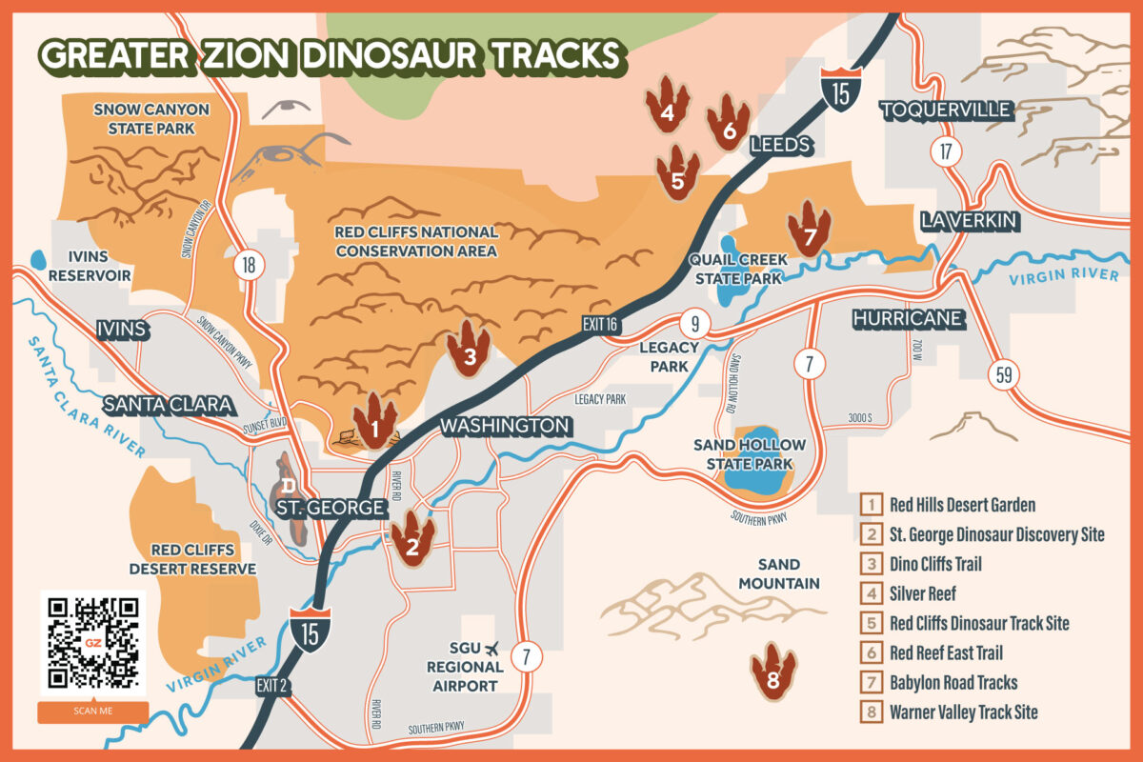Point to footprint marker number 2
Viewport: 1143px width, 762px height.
coord(412,538)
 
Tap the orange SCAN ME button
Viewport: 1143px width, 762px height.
coord(92,712)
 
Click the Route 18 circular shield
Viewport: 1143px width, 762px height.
coord(249,265)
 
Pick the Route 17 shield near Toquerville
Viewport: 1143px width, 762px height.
coord(945,151)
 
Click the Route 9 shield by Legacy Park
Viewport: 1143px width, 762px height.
coord(695,322)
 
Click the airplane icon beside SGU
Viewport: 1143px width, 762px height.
coord(492,648)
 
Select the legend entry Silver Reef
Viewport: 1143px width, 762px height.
coord(921,593)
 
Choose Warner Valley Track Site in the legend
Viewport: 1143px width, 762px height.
coord(963,712)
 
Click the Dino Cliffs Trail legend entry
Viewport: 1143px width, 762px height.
coord(934,564)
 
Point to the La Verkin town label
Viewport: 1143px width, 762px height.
coord(970,221)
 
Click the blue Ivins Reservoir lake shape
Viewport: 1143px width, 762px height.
coord(39,258)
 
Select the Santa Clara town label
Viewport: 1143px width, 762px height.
coord(168,405)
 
